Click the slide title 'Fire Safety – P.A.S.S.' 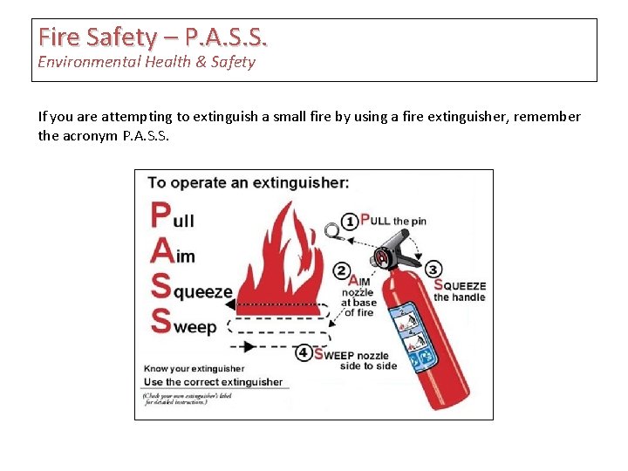(x=153, y=38)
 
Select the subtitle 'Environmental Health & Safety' (x=147, y=62)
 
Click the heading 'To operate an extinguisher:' (x=249, y=183)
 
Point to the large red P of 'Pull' (x=160, y=215)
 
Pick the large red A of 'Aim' (x=161, y=251)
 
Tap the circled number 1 (x=349, y=221)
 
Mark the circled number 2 (x=342, y=271)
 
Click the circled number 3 (x=433, y=270)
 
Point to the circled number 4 (x=303, y=352)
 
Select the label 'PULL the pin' (x=393, y=221)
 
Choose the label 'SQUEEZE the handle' (x=460, y=291)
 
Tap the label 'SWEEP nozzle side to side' (x=357, y=359)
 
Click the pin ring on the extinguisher (x=331, y=231)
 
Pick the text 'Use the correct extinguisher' (x=213, y=382)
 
